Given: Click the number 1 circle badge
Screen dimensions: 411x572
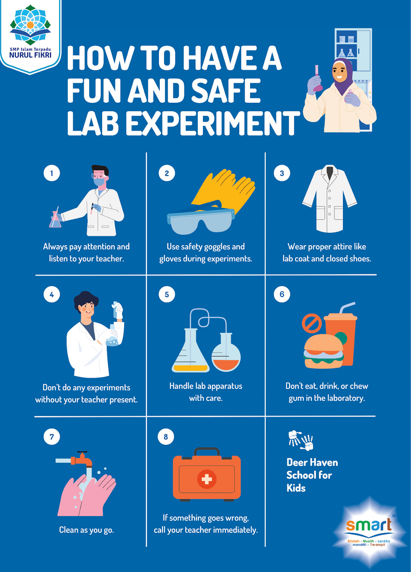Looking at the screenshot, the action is pyautogui.click(x=52, y=173).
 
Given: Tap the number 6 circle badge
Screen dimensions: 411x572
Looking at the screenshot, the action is pyautogui.click(x=282, y=294).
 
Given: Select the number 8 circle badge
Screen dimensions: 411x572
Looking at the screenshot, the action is pyautogui.click(x=166, y=436).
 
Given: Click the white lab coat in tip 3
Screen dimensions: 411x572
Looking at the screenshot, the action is pyautogui.click(x=329, y=199).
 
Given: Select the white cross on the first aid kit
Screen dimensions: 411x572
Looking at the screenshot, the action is pyautogui.click(x=206, y=479).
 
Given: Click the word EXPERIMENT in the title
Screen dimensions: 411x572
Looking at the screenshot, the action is pyautogui.click(x=213, y=123).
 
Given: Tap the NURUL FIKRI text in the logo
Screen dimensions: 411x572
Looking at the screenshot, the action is pyautogui.click(x=31, y=55).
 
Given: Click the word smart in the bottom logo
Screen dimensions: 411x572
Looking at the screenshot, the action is pyautogui.click(x=369, y=525).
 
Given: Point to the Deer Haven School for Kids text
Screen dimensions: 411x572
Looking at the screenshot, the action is pyautogui.click(x=312, y=475).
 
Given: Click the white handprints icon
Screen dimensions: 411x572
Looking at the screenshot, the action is pyautogui.click(x=301, y=440).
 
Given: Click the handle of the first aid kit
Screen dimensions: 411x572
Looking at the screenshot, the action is pyautogui.click(x=207, y=451).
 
